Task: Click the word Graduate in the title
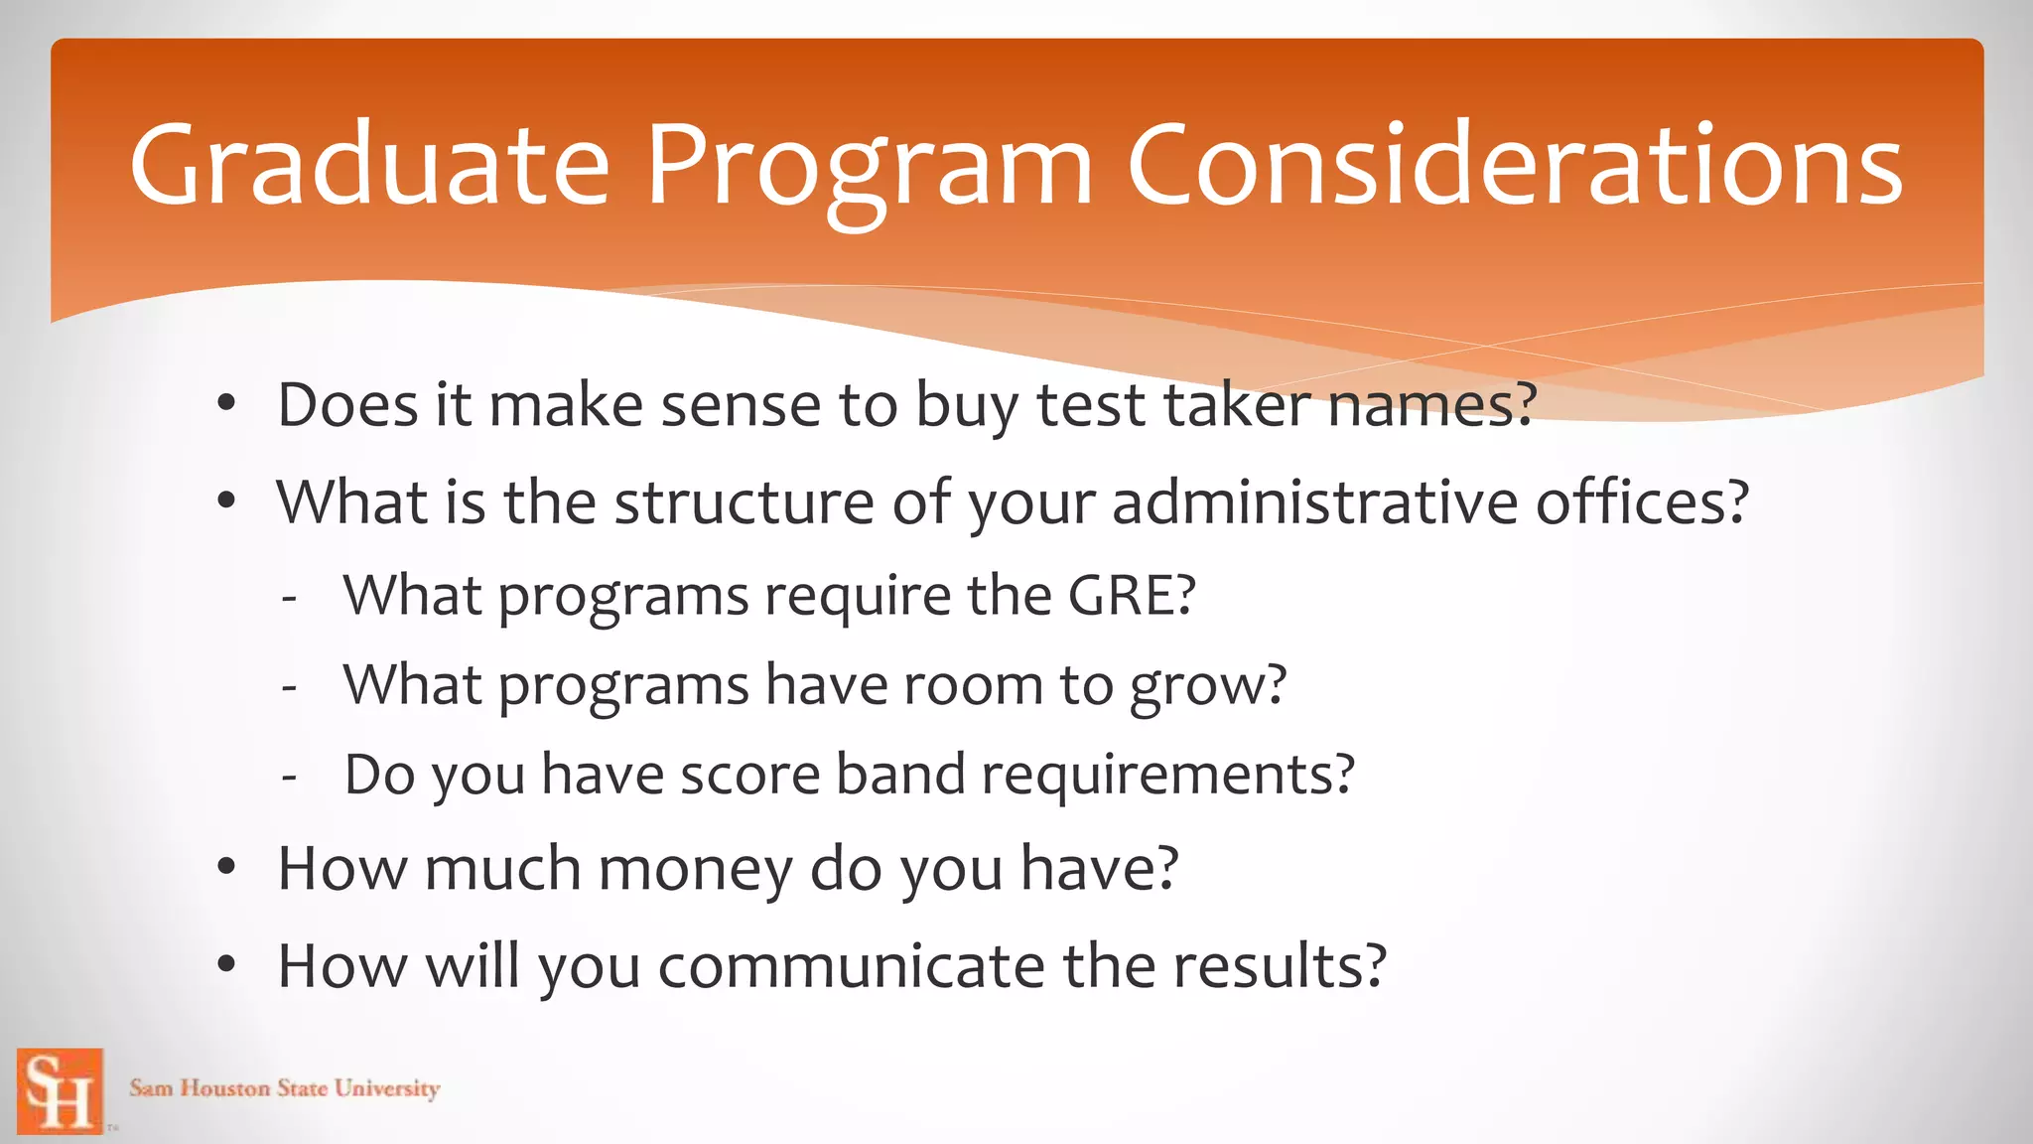[369, 166]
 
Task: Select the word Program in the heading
[870, 166]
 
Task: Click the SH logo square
[61, 1090]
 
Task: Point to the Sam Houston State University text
[284, 1088]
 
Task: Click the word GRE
[1130, 596]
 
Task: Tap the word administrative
[1314, 502]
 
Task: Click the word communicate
[851, 966]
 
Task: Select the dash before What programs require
[289, 599]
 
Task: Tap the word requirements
[1167, 776]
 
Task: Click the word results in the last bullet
[1279, 966]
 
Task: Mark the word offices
[1642, 502]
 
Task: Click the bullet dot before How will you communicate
[227, 965]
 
